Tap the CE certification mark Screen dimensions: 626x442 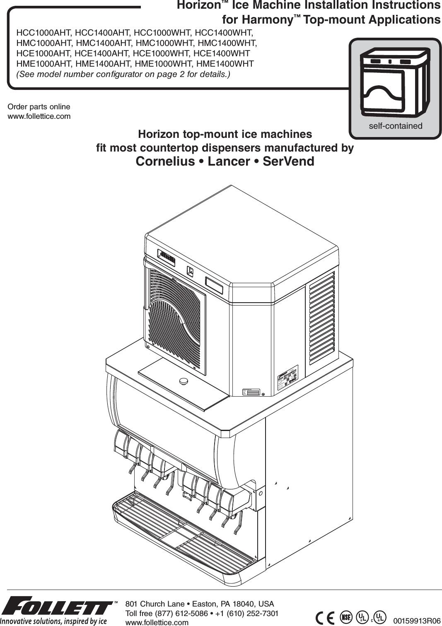coord(325,618)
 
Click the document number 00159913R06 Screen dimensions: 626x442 coord(416,621)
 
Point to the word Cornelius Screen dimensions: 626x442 coord(165,161)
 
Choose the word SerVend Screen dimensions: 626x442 coord(288,161)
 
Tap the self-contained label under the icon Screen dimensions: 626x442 coord(395,126)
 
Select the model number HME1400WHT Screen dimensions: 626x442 coord(225,64)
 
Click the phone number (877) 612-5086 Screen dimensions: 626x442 coord(182,613)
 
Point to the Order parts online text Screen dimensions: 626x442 coord(39,107)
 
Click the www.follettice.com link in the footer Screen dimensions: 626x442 coord(157,622)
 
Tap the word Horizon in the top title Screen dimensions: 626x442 coord(198,5)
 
